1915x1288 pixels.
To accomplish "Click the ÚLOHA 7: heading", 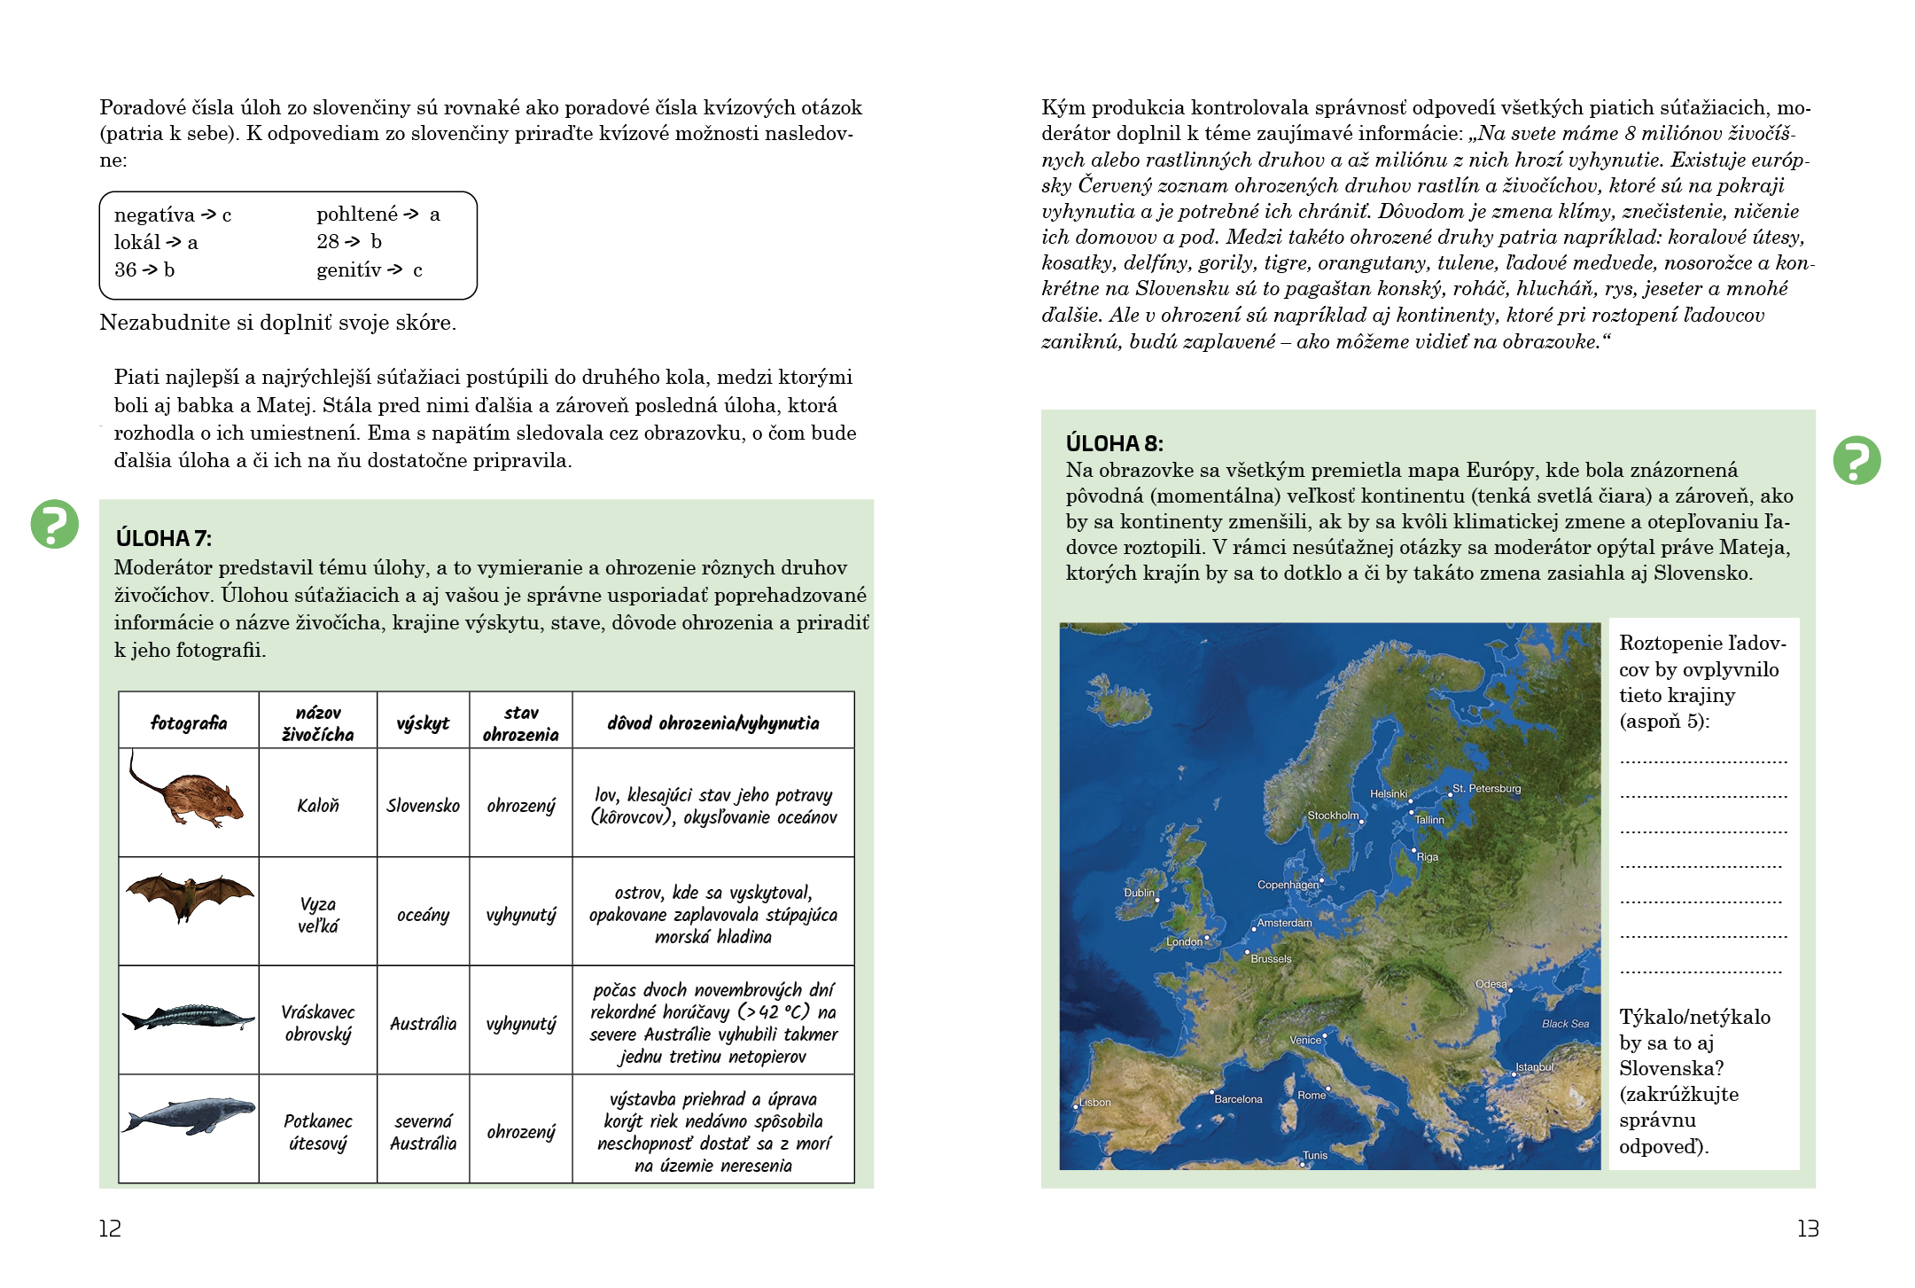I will (164, 538).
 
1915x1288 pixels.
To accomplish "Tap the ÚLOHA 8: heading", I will (1114, 443).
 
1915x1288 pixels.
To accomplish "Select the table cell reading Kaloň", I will (317, 805).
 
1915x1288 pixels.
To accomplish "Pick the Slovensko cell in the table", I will (423, 805).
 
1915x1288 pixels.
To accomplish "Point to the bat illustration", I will (189, 895).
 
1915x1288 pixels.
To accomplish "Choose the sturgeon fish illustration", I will (188, 1017).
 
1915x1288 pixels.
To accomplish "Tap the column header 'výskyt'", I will (423, 722).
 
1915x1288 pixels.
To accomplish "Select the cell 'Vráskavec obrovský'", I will (317, 1023).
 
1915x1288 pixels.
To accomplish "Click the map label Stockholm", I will (1333, 815).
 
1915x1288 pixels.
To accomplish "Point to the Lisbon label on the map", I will (1095, 1102).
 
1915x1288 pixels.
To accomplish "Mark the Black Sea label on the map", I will (1565, 1023).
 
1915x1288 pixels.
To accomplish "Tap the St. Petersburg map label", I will (1486, 788).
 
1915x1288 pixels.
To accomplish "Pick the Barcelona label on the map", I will (1238, 1098).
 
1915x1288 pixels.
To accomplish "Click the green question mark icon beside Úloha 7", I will (55, 524).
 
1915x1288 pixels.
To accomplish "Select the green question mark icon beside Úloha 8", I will (1857, 460).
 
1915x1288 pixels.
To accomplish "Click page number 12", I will (110, 1228).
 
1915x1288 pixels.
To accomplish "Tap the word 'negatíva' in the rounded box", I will (154, 215).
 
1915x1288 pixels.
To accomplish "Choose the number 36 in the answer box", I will (125, 269).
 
